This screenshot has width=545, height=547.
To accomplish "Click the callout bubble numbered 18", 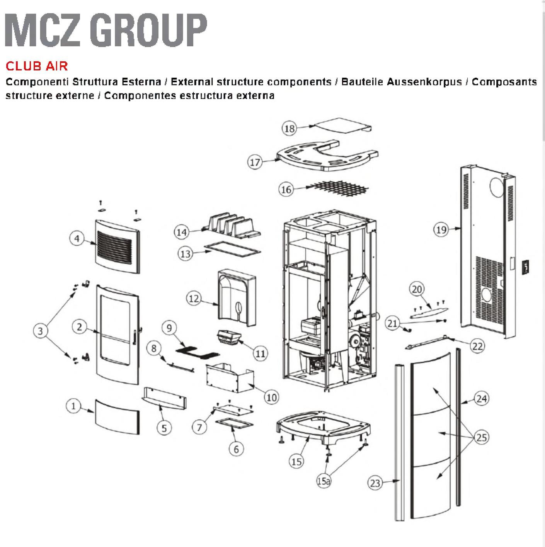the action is point(289,129).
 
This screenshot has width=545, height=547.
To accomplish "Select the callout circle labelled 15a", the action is point(324,481).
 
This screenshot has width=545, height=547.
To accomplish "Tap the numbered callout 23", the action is point(375,483).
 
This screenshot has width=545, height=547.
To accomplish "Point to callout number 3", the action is point(40,331).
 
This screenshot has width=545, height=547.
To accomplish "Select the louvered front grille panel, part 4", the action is point(118,246).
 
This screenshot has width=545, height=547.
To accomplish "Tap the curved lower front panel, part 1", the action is point(117,417).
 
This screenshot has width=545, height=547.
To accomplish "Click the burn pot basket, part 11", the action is point(229,338).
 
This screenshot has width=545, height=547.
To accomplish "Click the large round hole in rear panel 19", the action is point(497,187).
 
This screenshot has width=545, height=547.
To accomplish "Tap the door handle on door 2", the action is point(135,337).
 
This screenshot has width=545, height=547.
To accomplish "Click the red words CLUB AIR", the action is point(37,66).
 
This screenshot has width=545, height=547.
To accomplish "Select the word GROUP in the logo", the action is point(148,30).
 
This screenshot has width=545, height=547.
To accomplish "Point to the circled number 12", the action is point(194,298).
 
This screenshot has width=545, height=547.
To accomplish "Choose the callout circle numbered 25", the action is point(481,437).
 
